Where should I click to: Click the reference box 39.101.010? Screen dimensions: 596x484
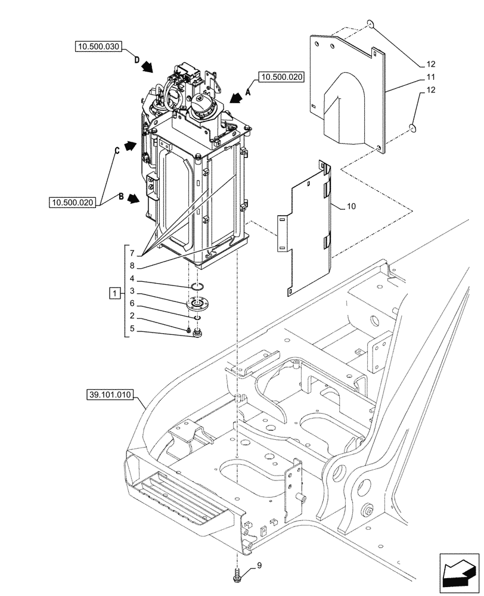tap(110, 395)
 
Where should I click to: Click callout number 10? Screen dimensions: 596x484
tap(351, 206)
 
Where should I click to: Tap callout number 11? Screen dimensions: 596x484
tap(431, 77)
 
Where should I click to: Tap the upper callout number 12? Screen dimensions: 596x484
tap(431, 64)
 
